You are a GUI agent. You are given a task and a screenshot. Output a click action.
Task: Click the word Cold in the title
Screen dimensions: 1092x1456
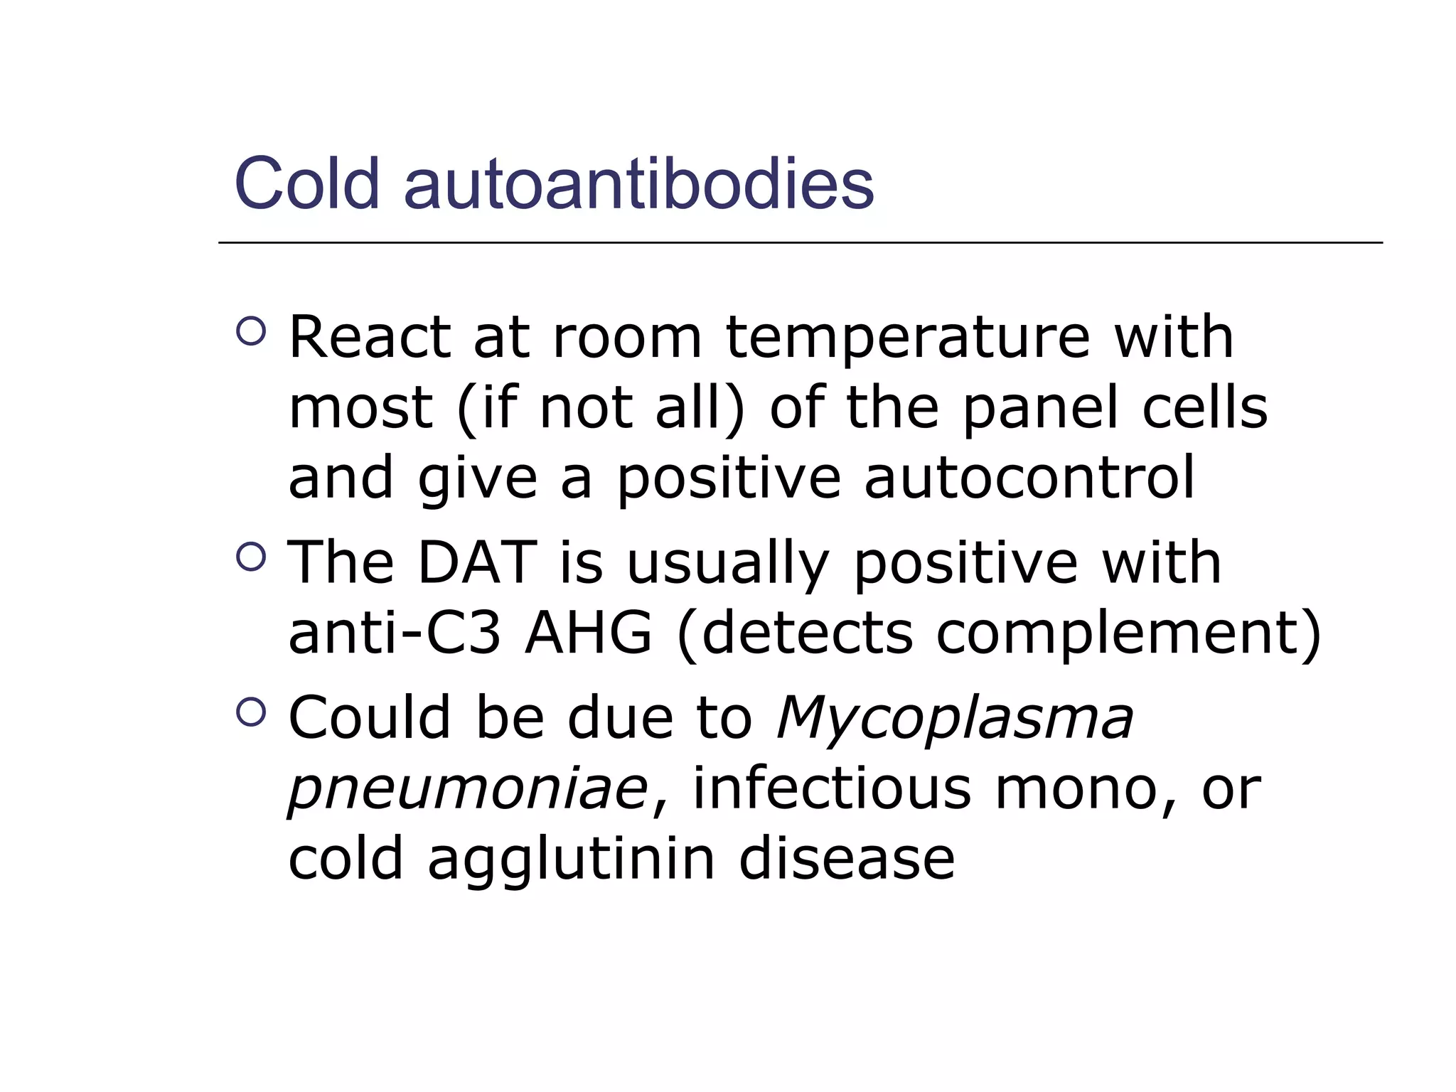click(307, 183)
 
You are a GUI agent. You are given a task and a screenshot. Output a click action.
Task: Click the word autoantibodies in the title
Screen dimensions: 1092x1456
click(638, 183)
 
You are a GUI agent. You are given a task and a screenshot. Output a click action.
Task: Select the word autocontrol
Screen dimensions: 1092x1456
click(1029, 478)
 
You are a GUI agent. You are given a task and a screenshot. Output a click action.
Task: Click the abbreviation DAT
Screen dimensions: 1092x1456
click(476, 563)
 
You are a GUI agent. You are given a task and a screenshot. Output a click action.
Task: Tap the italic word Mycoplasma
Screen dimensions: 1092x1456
click(955, 718)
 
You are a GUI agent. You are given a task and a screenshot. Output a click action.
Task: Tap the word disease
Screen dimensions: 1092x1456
click(847, 859)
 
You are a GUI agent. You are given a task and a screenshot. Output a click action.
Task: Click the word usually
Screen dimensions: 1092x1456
click(727, 563)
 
